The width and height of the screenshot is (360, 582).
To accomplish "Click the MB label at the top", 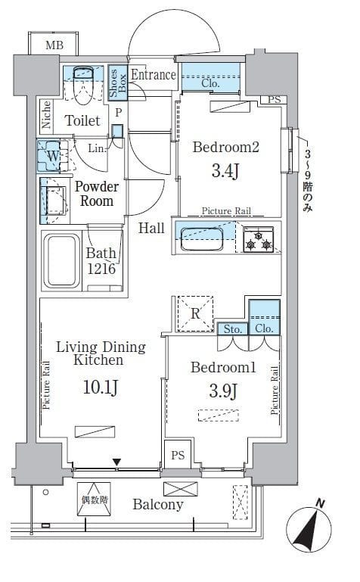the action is pos(54,45).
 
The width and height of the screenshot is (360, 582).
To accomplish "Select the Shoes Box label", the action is pos(117,82).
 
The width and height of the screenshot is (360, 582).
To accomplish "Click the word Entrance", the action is pos(153,75).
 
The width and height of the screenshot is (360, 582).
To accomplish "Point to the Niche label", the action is pos(46,114).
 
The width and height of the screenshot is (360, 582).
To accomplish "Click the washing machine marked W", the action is pos(52,155).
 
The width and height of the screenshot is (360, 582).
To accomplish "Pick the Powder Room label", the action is pos(97,194).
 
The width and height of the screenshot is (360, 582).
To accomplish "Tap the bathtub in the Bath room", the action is pos(62,260).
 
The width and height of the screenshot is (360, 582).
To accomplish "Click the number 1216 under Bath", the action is pos(101,269).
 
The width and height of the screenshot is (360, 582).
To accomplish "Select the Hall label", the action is pos(151,228).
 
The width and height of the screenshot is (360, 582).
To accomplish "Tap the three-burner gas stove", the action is pos(259,239).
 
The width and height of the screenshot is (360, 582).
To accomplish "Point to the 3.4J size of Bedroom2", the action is pos(225,171).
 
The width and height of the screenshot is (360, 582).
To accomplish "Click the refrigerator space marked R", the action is pos(195,313).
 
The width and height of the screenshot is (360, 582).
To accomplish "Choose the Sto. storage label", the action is pos(233,329).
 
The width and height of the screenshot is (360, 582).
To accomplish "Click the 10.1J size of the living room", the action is pos(101,387).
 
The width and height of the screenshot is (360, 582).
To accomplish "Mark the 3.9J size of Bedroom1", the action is pos(223,391).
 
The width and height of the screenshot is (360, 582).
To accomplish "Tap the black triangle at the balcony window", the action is pos(116,462).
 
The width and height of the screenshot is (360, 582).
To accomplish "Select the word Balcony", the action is pos(158,505).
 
